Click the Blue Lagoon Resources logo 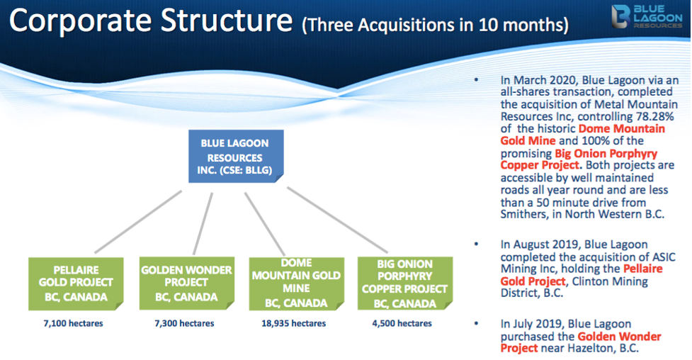pos(647,17)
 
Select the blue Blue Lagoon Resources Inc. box pos(236,156)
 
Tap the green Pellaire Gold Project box pos(76,283)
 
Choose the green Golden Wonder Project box pos(187,283)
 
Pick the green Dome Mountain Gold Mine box pos(297,283)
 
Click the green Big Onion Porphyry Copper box pos(405,283)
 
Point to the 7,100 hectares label pos(73,323)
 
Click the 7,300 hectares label pos(184,323)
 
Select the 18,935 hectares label pos(293,323)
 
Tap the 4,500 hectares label pos(402,323)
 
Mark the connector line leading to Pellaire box pos(138,221)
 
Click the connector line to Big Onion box pos(338,220)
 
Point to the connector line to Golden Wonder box pos(203,223)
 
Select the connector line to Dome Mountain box pos(265,224)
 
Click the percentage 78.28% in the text pos(655,117)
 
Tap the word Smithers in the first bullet pos(520,214)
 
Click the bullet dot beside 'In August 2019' pos(476,244)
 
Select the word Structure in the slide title pos(227,21)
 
